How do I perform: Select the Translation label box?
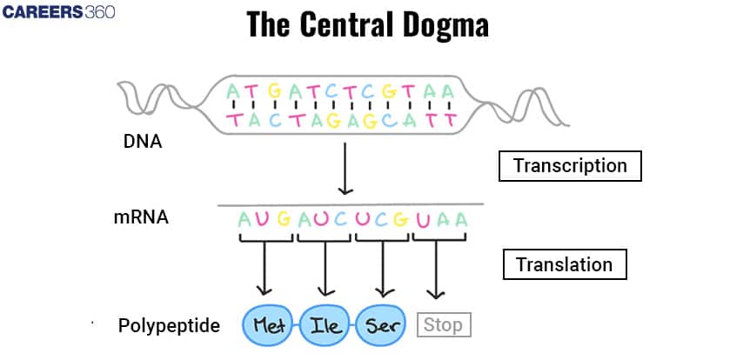click(x=563, y=264)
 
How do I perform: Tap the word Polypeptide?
click(x=169, y=327)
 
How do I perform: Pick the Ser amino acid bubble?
click(x=380, y=326)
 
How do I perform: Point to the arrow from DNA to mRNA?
click(x=345, y=170)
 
